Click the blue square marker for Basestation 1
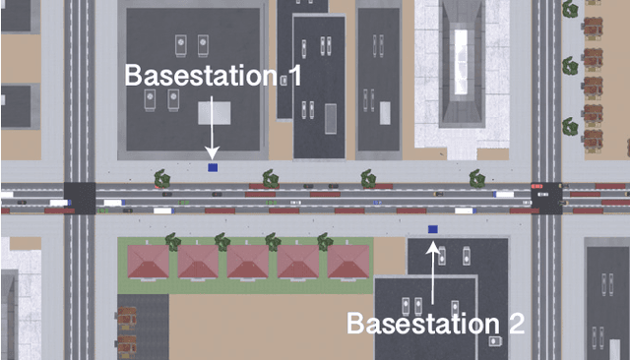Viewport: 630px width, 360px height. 213,167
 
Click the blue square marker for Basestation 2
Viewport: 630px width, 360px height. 432,229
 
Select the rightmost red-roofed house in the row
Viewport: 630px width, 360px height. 348,262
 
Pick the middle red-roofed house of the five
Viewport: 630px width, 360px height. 249,262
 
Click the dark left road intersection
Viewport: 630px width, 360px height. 80,198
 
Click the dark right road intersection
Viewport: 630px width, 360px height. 546,198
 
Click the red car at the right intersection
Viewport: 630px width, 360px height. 536,185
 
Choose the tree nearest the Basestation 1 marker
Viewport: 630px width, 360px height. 160,178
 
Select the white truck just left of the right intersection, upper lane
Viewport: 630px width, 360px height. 505,194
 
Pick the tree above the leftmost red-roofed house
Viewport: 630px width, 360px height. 172,239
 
